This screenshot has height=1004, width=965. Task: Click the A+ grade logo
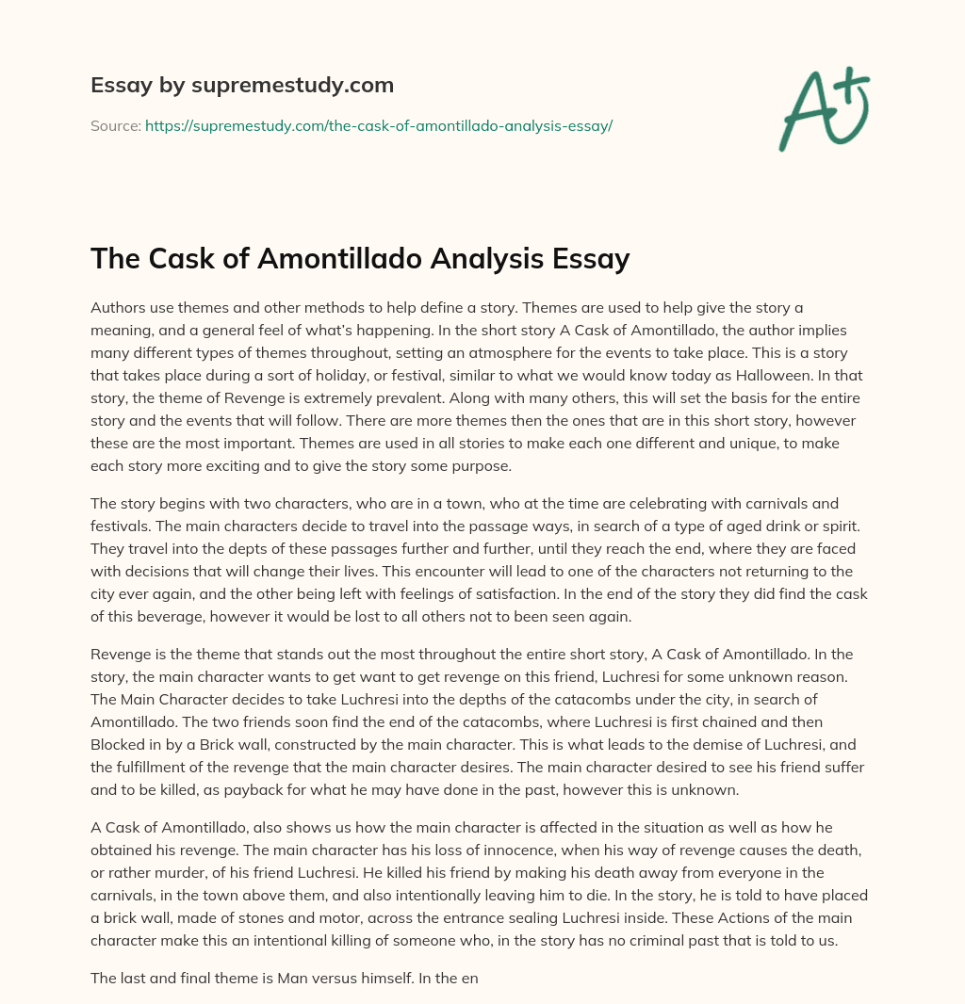click(x=823, y=108)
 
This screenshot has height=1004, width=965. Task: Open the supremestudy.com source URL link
click(x=379, y=124)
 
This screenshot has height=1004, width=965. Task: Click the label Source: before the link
click(x=115, y=124)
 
